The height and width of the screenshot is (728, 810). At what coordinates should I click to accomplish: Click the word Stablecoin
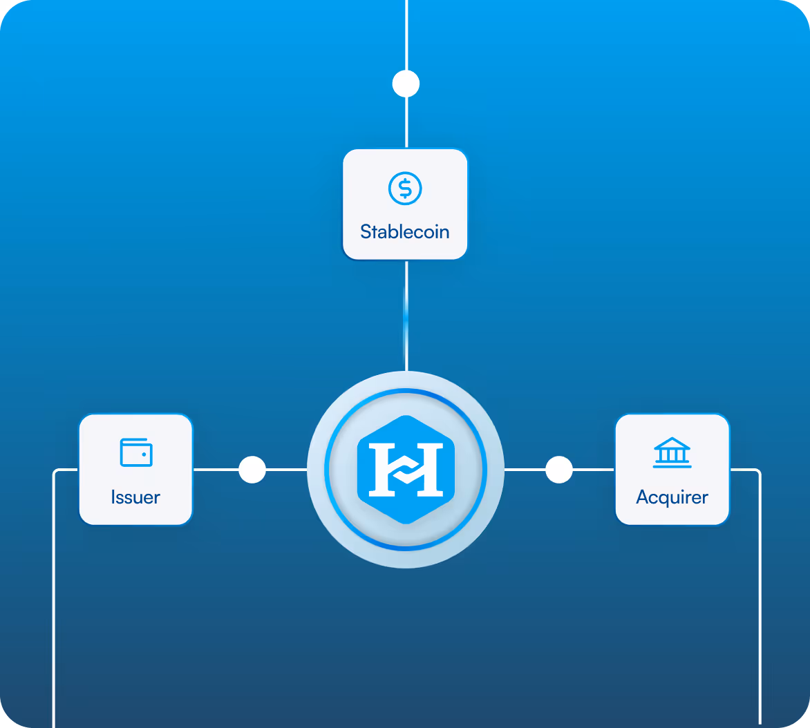405,231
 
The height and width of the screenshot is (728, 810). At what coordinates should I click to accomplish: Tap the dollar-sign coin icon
405,188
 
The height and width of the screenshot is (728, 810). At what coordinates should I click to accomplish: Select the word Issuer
135,497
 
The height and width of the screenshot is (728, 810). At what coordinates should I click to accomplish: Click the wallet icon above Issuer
136,453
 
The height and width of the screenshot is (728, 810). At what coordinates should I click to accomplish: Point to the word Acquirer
672,497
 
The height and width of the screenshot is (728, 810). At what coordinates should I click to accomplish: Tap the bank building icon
672,452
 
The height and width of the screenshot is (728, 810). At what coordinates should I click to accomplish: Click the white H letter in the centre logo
406,470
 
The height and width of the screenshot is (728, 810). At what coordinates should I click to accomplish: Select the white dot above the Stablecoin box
406,84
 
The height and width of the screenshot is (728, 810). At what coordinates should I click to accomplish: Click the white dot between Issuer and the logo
252,470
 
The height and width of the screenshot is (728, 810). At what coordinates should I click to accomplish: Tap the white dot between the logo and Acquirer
559,470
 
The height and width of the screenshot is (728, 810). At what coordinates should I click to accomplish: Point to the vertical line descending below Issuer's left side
54,601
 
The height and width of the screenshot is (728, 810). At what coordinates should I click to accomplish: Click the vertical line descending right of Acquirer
760,601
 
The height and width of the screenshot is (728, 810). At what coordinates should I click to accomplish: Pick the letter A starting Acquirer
643,497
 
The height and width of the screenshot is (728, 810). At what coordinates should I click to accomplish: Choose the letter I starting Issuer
113,497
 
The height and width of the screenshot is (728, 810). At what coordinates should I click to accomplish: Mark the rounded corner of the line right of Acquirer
757,472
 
